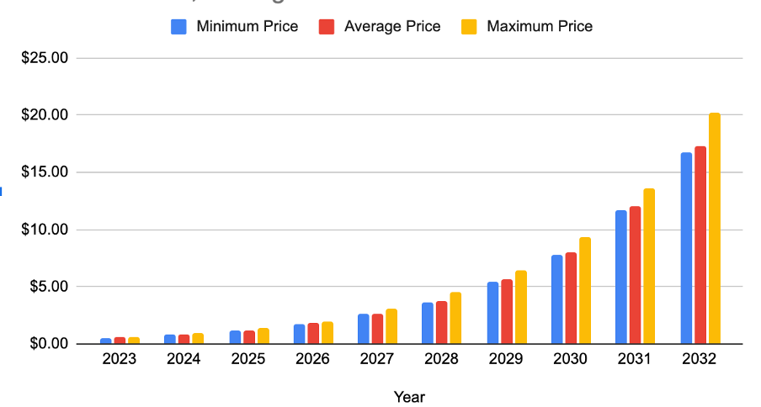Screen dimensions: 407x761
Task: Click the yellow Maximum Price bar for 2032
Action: [x=714, y=229]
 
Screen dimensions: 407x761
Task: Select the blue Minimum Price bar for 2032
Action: [x=686, y=248]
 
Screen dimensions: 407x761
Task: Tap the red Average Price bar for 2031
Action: [x=636, y=275]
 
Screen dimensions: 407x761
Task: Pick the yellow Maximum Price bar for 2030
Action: [x=585, y=290]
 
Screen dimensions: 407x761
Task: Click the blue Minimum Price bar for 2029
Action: [x=493, y=313]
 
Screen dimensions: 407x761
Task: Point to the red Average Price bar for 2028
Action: [x=442, y=322]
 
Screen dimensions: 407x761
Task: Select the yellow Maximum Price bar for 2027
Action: [x=391, y=326]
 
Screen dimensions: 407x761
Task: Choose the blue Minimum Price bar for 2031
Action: [x=621, y=277]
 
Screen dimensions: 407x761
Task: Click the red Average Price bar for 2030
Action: [x=571, y=298]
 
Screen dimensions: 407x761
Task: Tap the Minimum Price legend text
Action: [x=247, y=26]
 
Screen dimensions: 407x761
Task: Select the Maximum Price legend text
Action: [x=539, y=26]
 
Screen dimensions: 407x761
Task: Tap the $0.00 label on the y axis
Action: [x=49, y=344]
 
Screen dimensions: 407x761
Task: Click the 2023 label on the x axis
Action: [x=120, y=359]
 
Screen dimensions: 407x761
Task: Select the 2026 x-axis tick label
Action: [x=311, y=359]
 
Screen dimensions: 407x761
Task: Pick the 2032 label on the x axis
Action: [x=700, y=359]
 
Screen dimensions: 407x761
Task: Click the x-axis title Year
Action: [x=409, y=396]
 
